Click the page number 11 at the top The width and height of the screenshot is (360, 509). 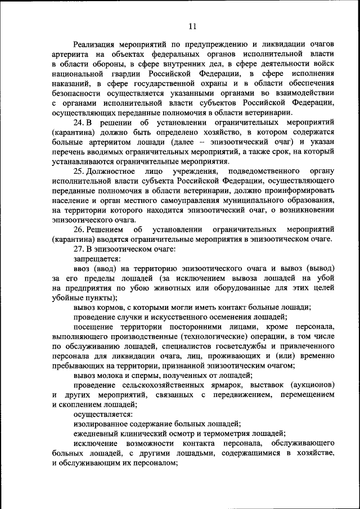[x=192, y=26]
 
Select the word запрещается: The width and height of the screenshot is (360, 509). [x=97, y=259]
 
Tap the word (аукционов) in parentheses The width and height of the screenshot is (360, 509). [x=313, y=385]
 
